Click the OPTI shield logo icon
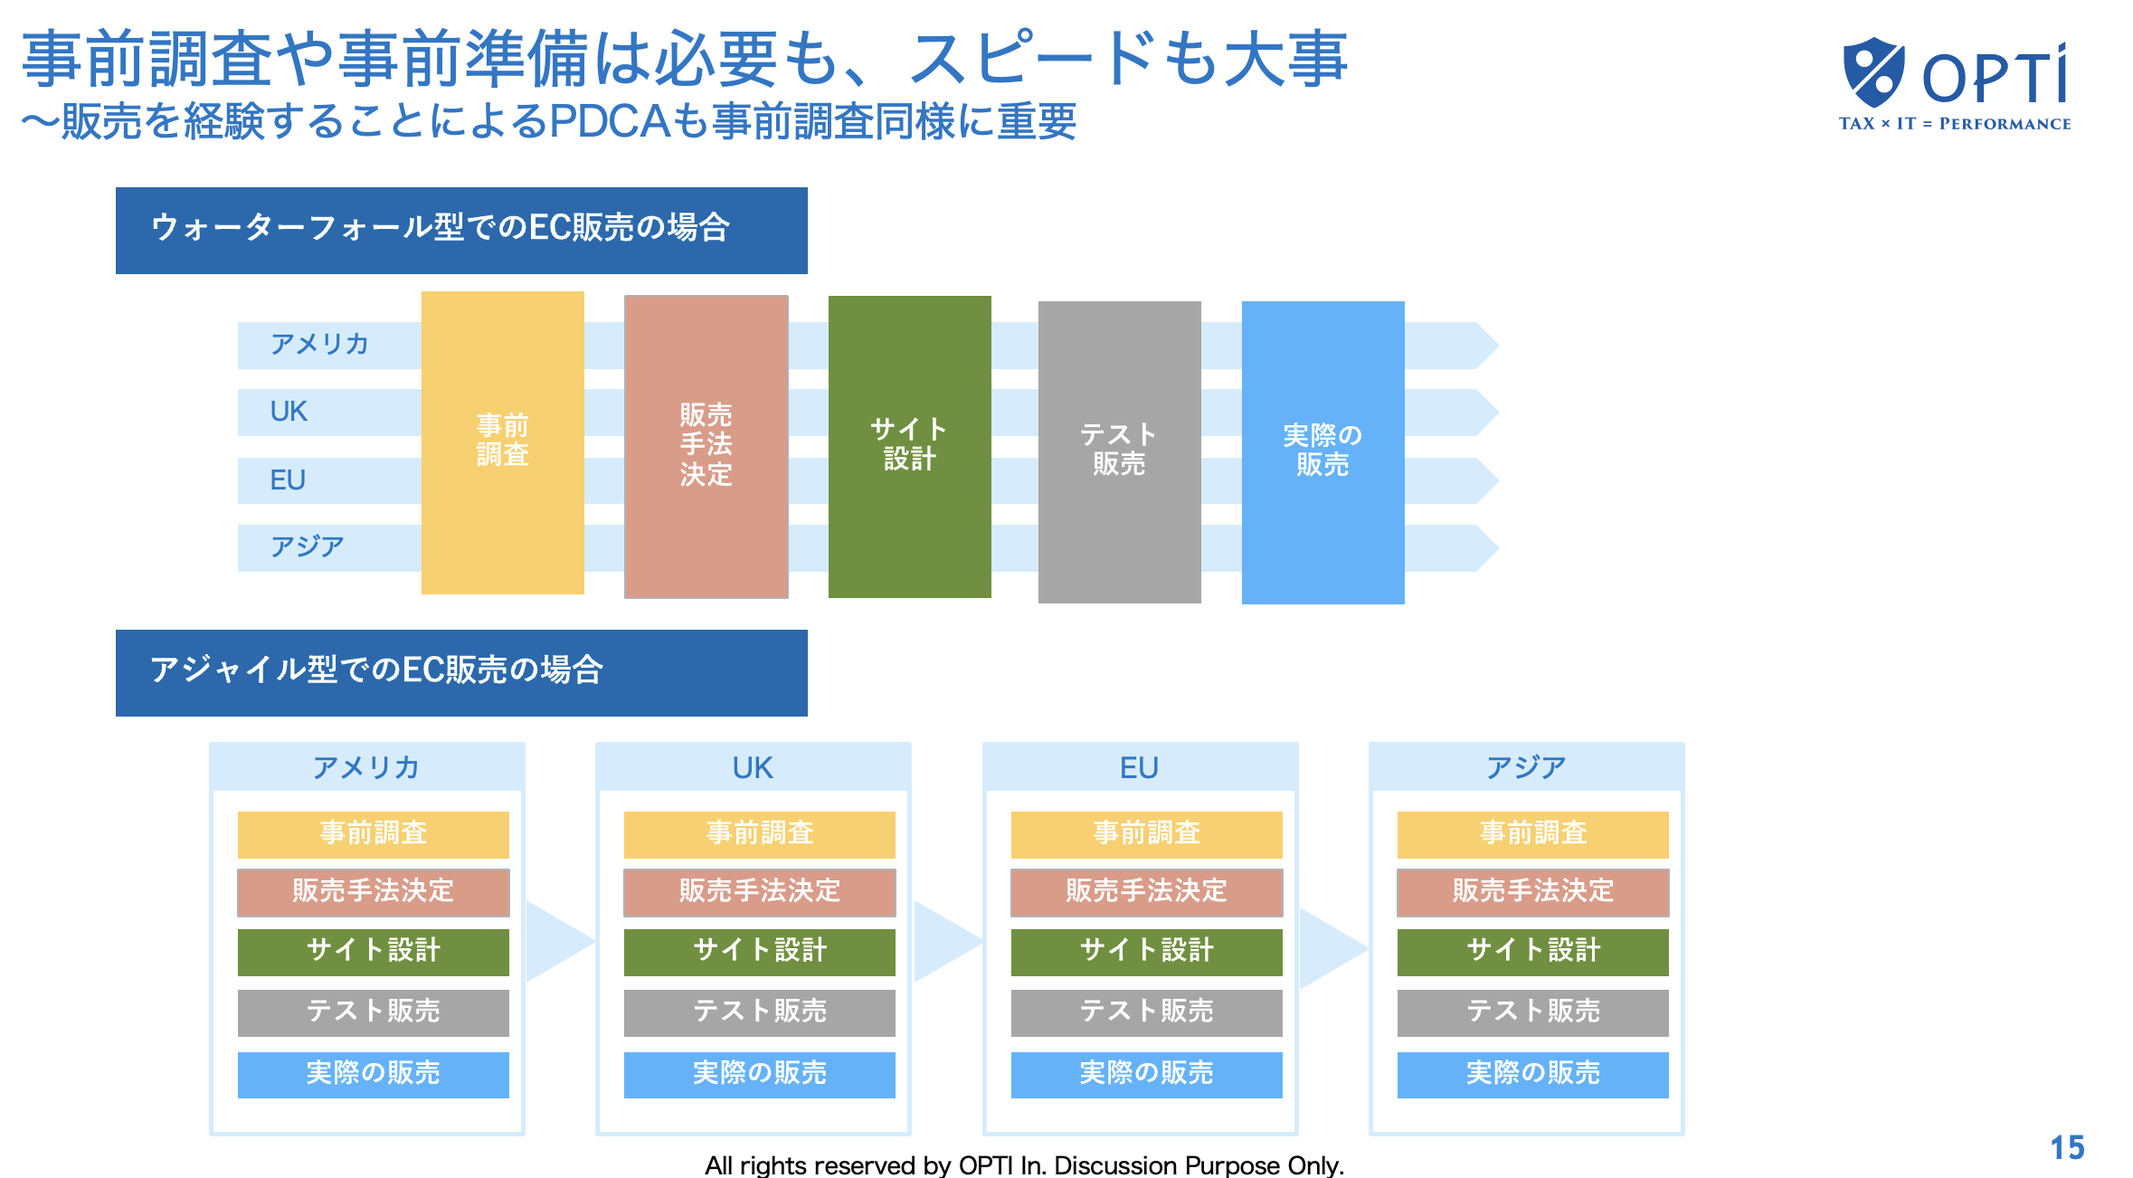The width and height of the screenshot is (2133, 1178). (x=1873, y=71)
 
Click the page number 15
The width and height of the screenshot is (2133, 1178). (x=2067, y=1147)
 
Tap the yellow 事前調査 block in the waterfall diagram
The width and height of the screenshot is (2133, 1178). (x=503, y=442)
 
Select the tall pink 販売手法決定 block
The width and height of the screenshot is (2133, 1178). (x=706, y=447)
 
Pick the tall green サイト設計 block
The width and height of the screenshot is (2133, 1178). (x=910, y=447)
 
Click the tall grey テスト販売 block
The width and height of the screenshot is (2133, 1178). (x=1120, y=452)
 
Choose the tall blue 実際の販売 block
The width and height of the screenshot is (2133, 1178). (x=1323, y=452)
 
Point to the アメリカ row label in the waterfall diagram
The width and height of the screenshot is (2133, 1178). (x=319, y=345)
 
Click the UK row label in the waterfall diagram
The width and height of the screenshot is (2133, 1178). (x=289, y=412)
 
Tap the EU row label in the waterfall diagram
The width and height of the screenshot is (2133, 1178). (x=288, y=480)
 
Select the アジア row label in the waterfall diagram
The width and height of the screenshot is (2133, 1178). (x=308, y=546)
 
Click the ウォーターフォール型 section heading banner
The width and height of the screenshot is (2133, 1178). (x=461, y=231)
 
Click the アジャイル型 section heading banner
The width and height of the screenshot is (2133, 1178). (x=461, y=673)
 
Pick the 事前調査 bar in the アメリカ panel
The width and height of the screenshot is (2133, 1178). (x=374, y=834)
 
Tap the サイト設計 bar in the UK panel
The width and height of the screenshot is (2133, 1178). (x=760, y=952)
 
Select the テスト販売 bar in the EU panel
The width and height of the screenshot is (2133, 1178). (x=1147, y=1012)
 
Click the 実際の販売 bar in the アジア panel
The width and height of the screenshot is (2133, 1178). (x=1533, y=1075)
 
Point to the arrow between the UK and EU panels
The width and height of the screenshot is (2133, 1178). (x=947, y=941)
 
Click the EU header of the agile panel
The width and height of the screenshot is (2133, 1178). (x=1140, y=767)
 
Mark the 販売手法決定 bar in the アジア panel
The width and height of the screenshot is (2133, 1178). (x=1533, y=892)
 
